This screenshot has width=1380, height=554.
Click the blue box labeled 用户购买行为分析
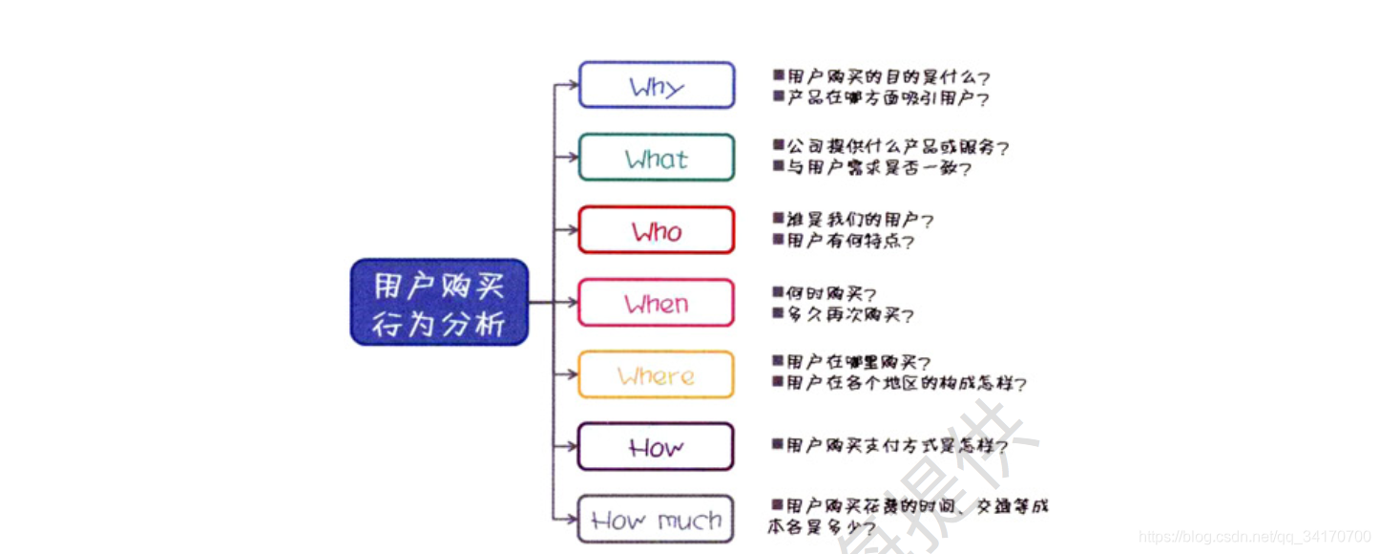coord(439,302)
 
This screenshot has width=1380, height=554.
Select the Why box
coord(657,86)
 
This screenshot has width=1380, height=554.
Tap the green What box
coord(657,158)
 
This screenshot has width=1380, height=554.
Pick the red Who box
coord(657,230)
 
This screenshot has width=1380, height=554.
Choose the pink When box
coord(657,303)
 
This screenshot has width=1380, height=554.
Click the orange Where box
coord(657,375)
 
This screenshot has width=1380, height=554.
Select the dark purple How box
coord(657,447)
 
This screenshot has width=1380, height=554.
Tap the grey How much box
coord(657,520)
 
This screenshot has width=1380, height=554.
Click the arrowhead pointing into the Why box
coord(572,85)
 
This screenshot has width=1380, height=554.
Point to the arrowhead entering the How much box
coord(572,520)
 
